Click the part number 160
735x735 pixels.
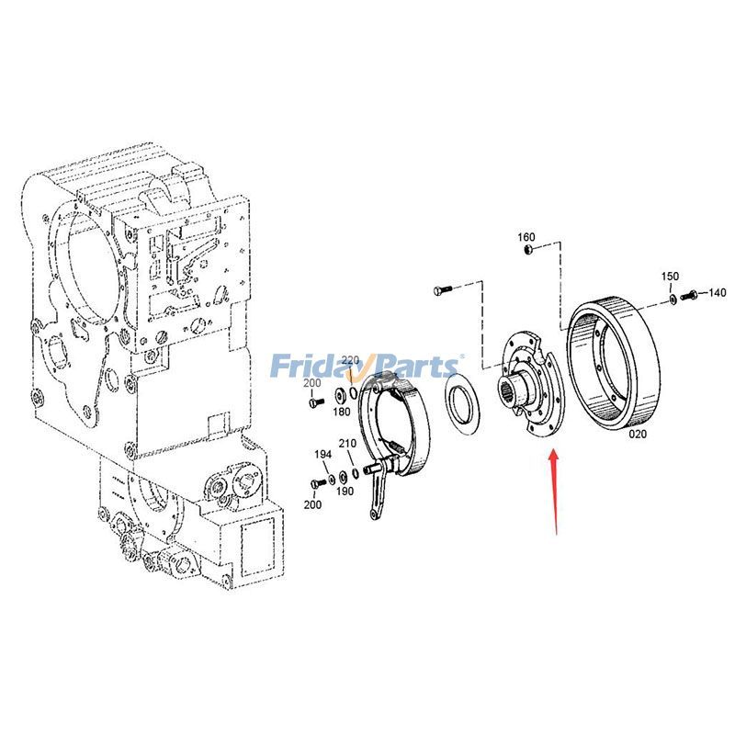click(526, 237)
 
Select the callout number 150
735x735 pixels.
click(671, 277)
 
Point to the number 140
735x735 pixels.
click(716, 293)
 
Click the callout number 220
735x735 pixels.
click(351, 359)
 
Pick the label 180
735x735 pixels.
click(342, 412)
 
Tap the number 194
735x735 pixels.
click(322, 454)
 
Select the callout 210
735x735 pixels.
click(346, 444)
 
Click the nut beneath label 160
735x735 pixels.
click(527, 250)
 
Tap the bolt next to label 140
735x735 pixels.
click(690, 294)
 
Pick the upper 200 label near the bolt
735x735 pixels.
click(312, 383)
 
